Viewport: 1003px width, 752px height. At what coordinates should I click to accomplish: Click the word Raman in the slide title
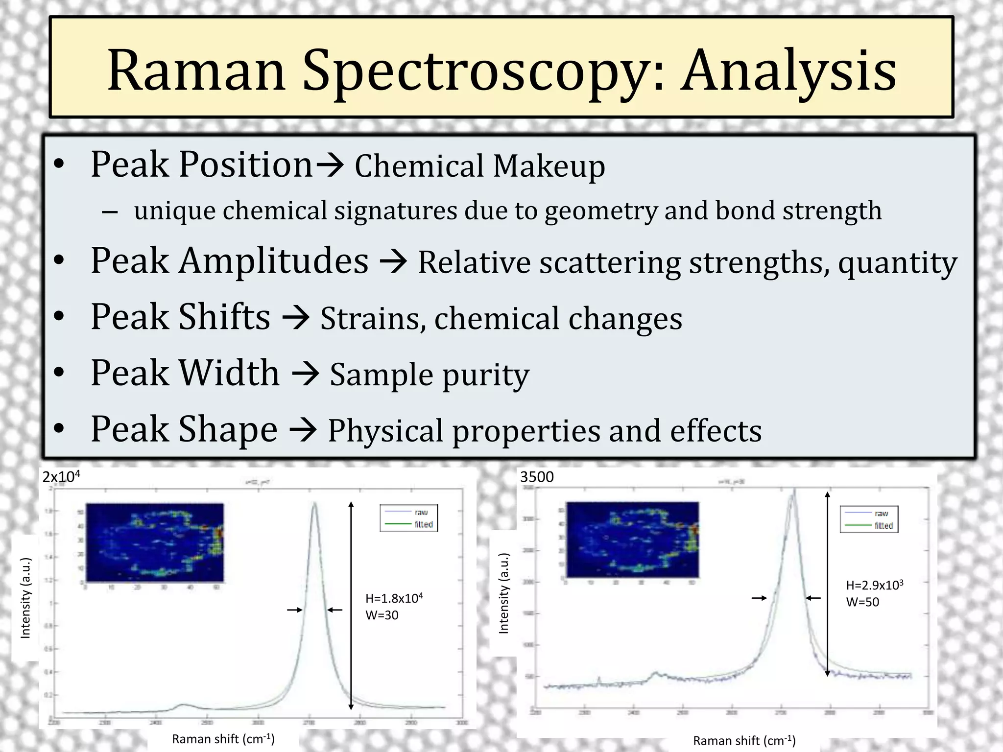pos(196,71)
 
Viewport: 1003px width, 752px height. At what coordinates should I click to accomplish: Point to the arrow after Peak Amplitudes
pos(393,261)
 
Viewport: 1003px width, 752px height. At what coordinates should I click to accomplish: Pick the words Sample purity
pos(430,375)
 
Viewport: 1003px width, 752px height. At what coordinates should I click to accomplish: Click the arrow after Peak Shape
pos(303,430)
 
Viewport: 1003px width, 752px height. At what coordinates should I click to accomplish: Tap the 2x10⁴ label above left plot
pos(61,476)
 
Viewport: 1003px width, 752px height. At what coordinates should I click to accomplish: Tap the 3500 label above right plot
pos(537,477)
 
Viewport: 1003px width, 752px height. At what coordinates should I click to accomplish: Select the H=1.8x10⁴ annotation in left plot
pos(394,598)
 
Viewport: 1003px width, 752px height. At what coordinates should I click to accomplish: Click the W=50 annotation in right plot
pos(862,602)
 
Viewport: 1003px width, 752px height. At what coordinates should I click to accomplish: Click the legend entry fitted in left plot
pos(423,524)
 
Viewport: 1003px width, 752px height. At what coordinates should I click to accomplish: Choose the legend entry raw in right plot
pos(881,514)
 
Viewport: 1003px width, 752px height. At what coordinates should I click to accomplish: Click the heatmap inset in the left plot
pos(154,542)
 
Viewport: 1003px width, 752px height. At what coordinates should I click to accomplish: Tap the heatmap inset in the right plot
pos(632,539)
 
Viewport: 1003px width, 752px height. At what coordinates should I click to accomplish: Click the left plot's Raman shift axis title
pos(223,739)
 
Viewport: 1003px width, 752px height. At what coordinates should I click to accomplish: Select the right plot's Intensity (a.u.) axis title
pos(503,593)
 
